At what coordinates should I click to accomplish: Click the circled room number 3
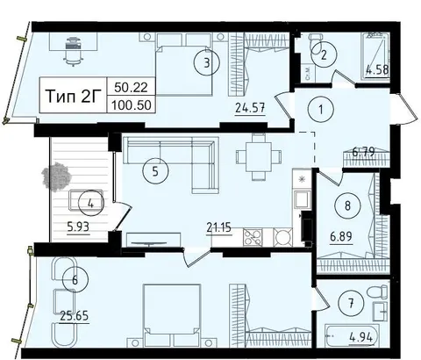point(207,62)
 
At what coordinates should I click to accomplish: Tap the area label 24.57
point(251,108)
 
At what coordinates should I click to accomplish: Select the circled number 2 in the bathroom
point(324,55)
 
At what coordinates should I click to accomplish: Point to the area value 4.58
point(377,70)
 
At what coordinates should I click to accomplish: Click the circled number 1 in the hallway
point(321,110)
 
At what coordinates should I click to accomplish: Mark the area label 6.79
point(364,152)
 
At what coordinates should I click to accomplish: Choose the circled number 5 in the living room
point(155,171)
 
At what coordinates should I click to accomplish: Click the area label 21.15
point(219,227)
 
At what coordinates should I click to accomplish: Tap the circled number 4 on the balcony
point(91,204)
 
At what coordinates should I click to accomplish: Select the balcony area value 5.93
point(78,227)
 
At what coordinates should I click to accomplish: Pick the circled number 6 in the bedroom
point(75,280)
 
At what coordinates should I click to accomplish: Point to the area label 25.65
point(75,316)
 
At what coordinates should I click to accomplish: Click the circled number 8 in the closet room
point(347,205)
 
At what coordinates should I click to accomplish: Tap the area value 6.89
point(341,236)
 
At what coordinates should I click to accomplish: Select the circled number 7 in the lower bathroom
point(351,303)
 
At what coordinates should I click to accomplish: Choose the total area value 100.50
point(132,105)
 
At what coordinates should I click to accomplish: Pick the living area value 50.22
point(131,87)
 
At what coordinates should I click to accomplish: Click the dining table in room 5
point(259,157)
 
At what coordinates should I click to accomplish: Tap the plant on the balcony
point(56,179)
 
